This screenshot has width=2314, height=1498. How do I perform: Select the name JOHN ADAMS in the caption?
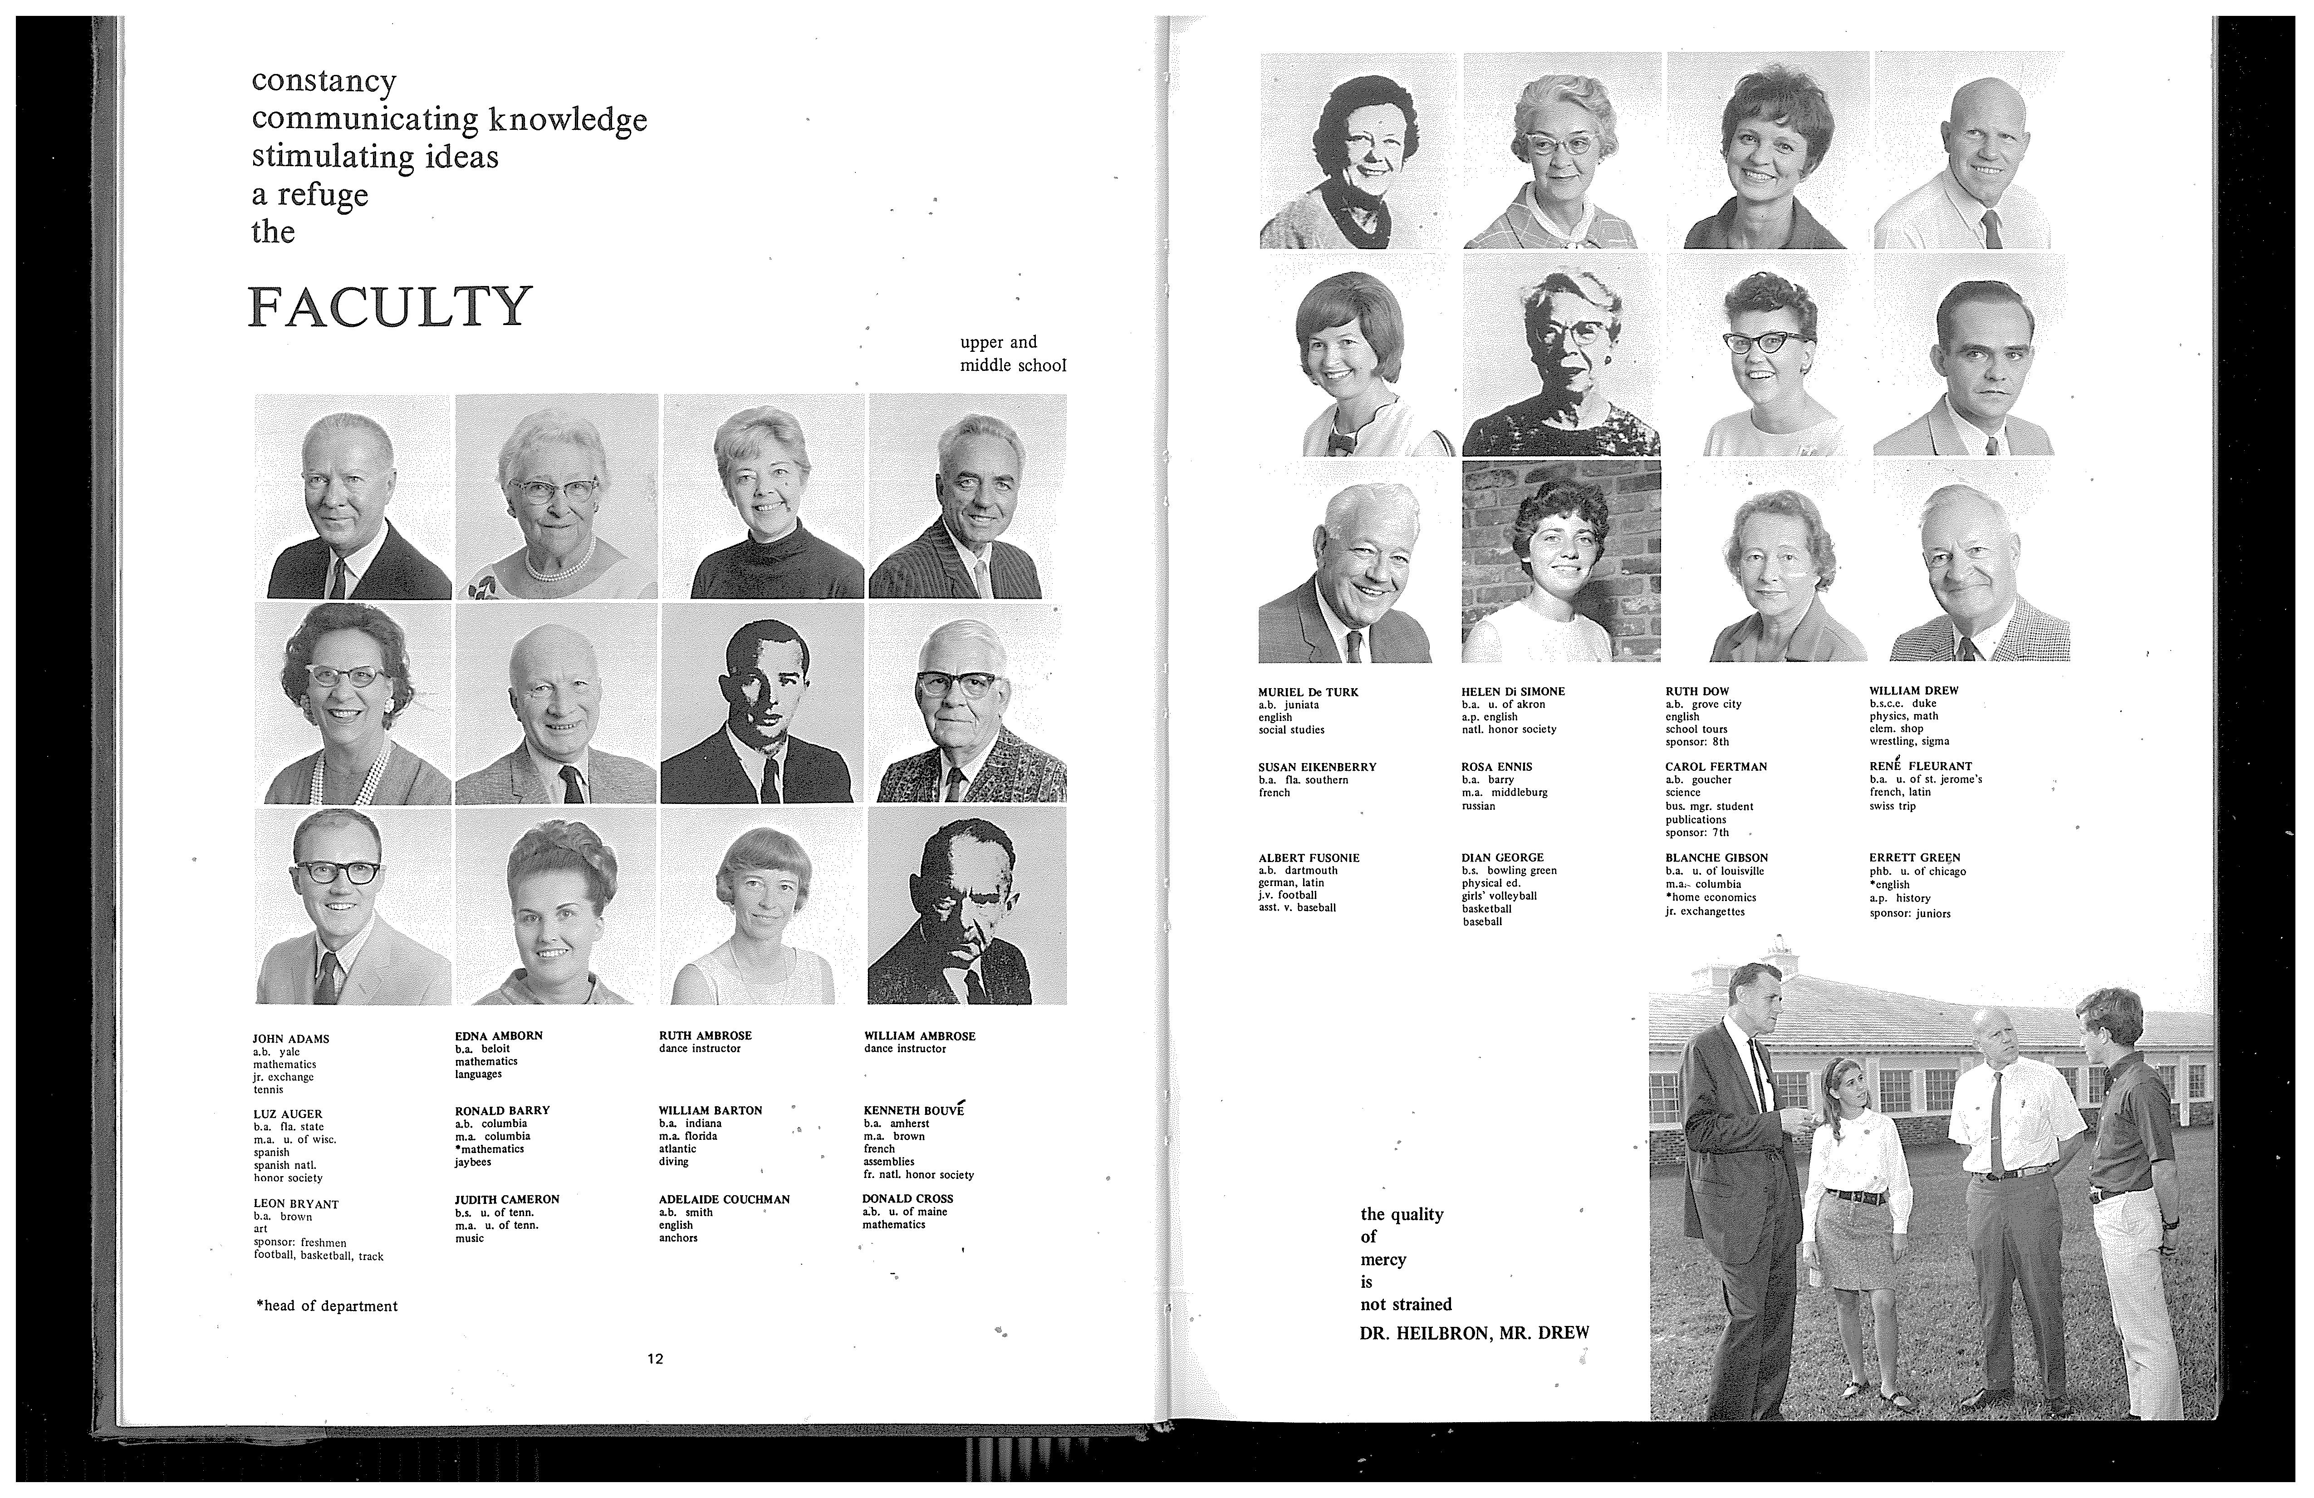click(x=291, y=1039)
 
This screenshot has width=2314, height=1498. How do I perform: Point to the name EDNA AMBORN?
click(x=499, y=1036)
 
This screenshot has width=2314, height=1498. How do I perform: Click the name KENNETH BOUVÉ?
click(x=913, y=1110)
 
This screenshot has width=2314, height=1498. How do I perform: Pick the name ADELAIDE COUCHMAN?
click(x=724, y=1199)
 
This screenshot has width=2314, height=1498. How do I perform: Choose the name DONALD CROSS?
click(x=907, y=1198)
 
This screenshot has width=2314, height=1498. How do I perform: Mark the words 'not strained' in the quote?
click(x=1406, y=1305)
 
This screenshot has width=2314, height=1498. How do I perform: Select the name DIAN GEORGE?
click(x=1502, y=858)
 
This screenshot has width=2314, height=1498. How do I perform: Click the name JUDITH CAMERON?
click(x=506, y=1199)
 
